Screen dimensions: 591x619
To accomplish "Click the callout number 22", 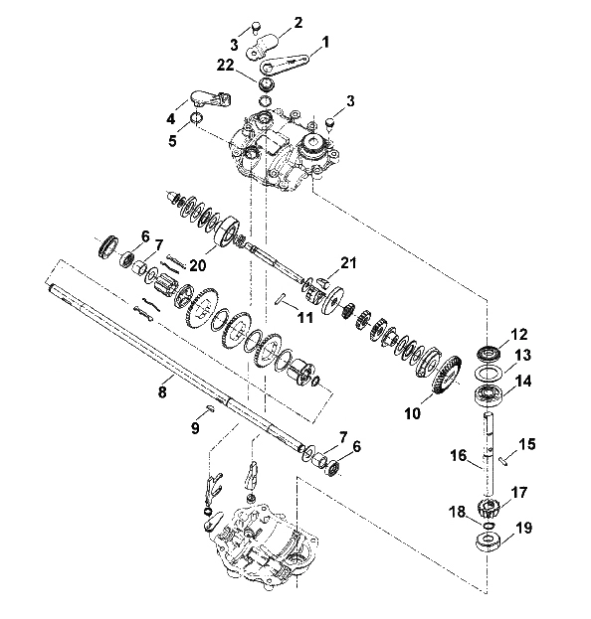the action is pos(225,66).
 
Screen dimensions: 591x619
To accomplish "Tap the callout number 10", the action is pos(413,413).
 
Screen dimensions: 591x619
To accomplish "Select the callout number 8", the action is pos(162,391).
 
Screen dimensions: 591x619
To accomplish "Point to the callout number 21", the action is pos(348,262).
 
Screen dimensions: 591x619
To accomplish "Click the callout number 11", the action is pos(304,317).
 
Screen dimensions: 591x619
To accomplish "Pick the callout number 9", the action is pos(195,427).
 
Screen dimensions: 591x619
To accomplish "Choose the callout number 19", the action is pos(523,528).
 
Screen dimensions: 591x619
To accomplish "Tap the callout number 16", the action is pos(459,456).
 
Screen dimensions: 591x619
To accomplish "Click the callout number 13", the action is pos(523,355).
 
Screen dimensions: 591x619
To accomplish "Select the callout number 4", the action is pos(170,118).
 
